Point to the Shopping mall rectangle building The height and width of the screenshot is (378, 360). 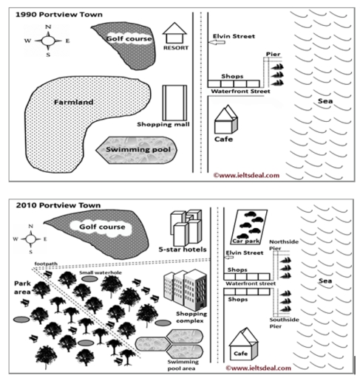tap(174, 102)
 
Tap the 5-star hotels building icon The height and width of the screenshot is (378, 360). tap(186, 227)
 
